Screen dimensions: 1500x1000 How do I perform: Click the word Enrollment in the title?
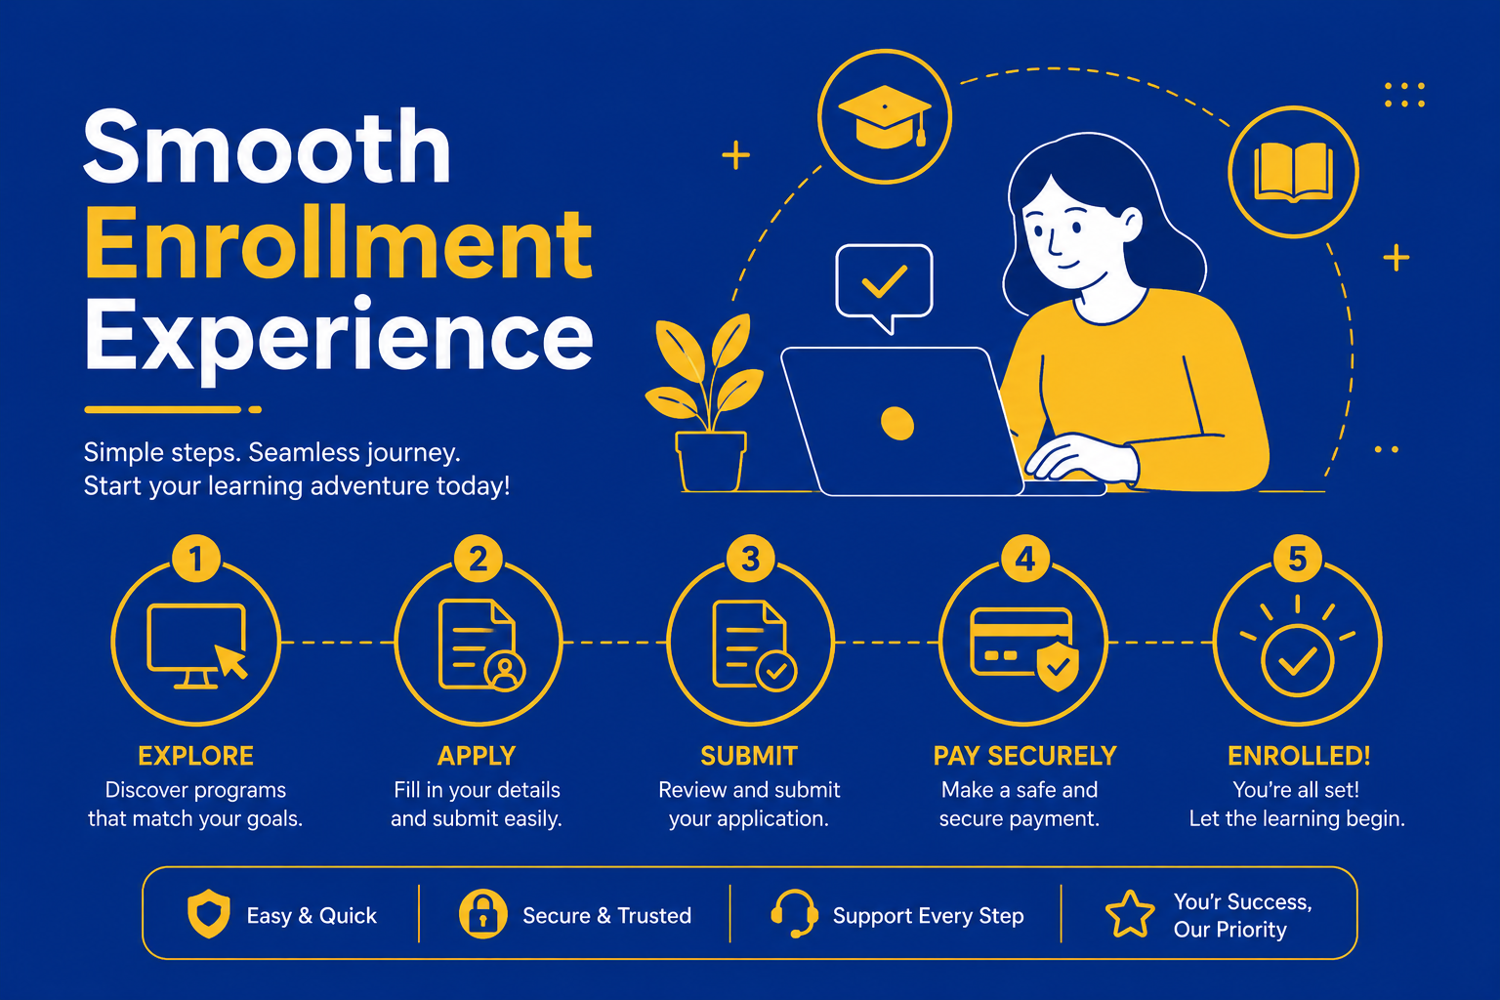coord(338,244)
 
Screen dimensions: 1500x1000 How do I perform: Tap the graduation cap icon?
coord(885,116)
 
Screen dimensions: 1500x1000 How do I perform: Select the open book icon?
coord(1293,172)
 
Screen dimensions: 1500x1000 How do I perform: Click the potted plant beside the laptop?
coord(704,402)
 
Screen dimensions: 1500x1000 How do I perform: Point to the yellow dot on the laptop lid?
coord(897,423)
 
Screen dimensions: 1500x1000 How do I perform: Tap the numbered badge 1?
coord(195,559)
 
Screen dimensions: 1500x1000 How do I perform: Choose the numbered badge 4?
coord(1024,559)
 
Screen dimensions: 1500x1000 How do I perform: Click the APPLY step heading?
coord(477,756)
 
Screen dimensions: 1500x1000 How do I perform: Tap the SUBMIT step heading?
coord(749,756)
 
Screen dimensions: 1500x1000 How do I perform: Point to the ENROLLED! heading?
coord(1299,756)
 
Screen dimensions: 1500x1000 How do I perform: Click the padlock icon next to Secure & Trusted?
coord(482,914)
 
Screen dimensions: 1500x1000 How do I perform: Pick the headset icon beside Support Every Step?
coord(794,914)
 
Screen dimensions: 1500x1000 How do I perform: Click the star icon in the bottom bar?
coord(1130,914)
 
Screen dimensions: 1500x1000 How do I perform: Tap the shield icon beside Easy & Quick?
coord(209,914)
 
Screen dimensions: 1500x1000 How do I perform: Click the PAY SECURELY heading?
coord(1024,756)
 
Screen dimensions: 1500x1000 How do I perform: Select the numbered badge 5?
coord(1297,559)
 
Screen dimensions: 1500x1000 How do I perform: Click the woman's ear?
coord(1130,225)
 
